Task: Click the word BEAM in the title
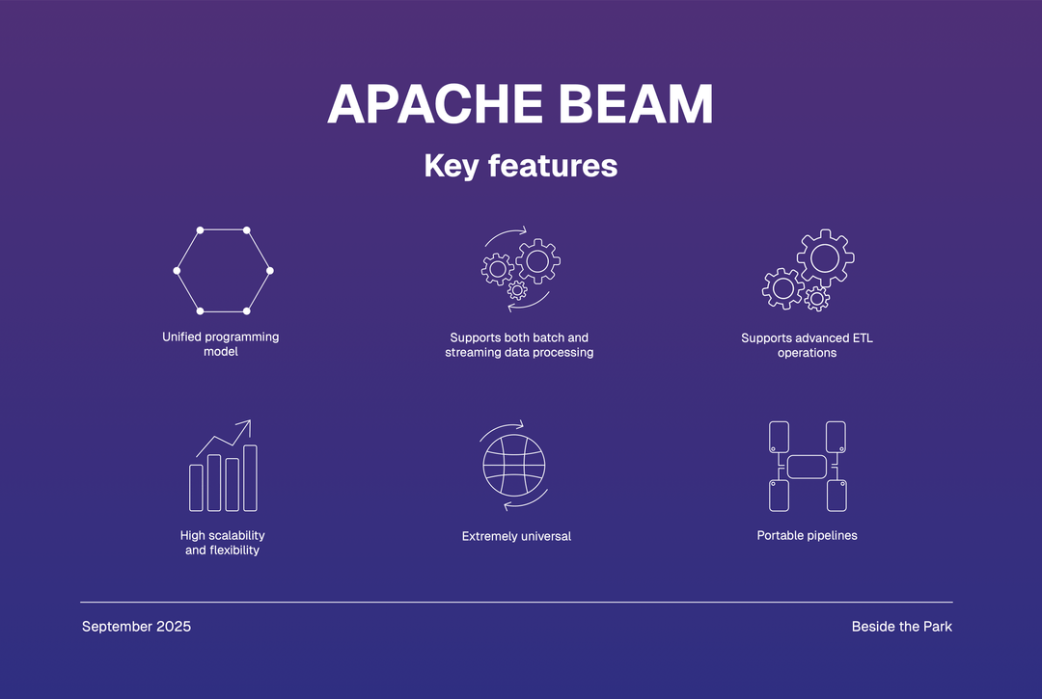pos(636,104)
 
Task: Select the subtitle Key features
pos(521,166)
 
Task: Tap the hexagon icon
pos(177,271)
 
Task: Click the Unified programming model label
pos(221,344)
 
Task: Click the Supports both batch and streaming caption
pos(519,345)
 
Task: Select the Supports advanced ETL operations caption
pos(807,345)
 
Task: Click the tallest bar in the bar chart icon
pos(250,478)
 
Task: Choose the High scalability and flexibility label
pos(223,543)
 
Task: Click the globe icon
pos(483,466)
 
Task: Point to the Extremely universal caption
pos(516,536)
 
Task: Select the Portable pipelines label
pos(807,536)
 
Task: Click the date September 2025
pos(136,627)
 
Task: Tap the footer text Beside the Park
pos(902,627)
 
